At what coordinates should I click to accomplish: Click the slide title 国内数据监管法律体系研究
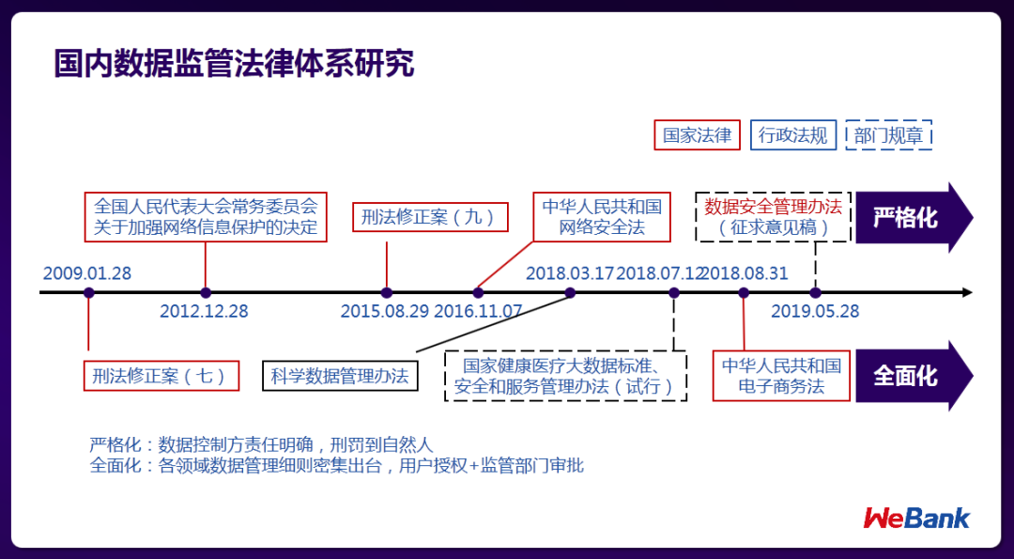(x=234, y=64)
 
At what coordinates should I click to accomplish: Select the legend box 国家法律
(x=697, y=135)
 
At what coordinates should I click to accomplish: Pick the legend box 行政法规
(x=792, y=135)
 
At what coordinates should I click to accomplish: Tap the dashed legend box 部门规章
(x=888, y=135)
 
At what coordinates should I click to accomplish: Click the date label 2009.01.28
(x=87, y=273)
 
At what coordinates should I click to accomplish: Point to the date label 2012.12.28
(x=204, y=311)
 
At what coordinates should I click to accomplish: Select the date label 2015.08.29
(x=385, y=311)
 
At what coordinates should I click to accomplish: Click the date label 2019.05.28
(x=815, y=311)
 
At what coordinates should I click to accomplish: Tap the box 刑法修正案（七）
(x=160, y=376)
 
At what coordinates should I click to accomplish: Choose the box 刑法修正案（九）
(x=429, y=217)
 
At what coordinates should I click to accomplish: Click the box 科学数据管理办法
(x=340, y=376)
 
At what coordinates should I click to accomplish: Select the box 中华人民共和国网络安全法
(x=602, y=217)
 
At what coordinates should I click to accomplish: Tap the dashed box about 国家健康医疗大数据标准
(x=565, y=376)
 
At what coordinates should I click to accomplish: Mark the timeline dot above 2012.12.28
(x=206, y=293)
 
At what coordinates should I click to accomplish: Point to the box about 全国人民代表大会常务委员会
(x=206, y=217)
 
